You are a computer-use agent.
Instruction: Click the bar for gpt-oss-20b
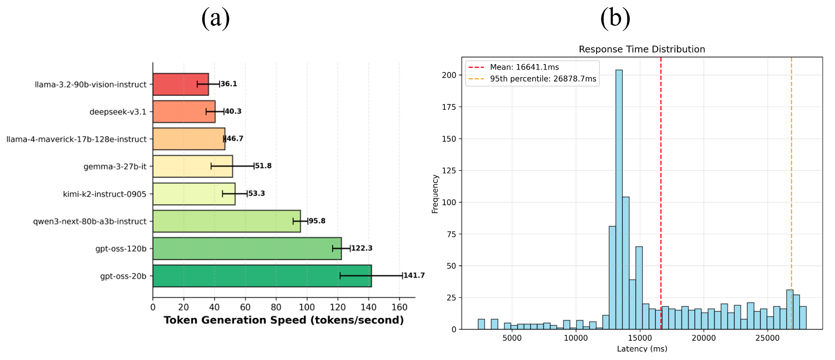262,276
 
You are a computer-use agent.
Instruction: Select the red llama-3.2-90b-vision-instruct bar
180,84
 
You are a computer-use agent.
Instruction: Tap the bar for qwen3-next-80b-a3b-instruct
226,221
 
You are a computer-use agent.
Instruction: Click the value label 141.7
414,275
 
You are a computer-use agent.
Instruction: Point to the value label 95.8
317,221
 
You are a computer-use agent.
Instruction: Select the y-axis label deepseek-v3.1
118,112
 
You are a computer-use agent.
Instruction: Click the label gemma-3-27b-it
115,167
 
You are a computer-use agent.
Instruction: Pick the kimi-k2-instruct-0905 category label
104,194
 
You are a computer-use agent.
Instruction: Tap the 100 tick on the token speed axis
307,307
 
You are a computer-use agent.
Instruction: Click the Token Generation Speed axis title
284,320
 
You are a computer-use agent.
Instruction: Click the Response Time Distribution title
642,49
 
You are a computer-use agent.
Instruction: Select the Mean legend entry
524,67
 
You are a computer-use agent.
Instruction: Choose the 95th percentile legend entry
543,79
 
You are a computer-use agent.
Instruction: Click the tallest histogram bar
619,199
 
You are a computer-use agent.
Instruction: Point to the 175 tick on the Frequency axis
449,107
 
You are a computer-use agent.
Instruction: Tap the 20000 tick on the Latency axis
703,338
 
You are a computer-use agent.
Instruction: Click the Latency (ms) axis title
642,349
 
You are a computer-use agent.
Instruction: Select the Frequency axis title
435,194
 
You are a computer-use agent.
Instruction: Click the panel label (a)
216,18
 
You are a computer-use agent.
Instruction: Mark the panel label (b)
615,18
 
